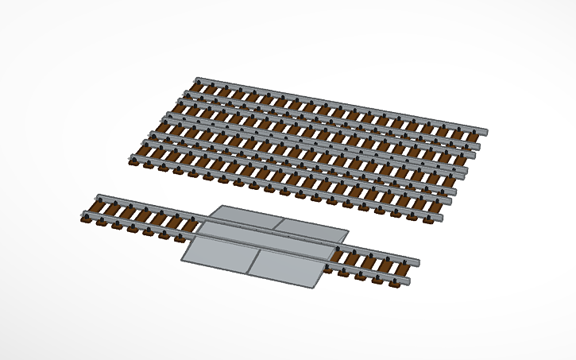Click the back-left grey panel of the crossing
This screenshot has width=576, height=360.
coord(243,216)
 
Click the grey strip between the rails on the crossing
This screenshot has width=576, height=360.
coord(266,242)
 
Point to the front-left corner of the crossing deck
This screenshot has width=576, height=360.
coord(182,261)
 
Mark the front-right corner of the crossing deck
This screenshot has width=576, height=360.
coord(317,287)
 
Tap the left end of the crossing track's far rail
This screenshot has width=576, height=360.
coord(97,196)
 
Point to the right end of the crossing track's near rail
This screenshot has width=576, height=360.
coord(408,282)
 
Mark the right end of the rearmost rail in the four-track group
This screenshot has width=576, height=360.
coord(485,130)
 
